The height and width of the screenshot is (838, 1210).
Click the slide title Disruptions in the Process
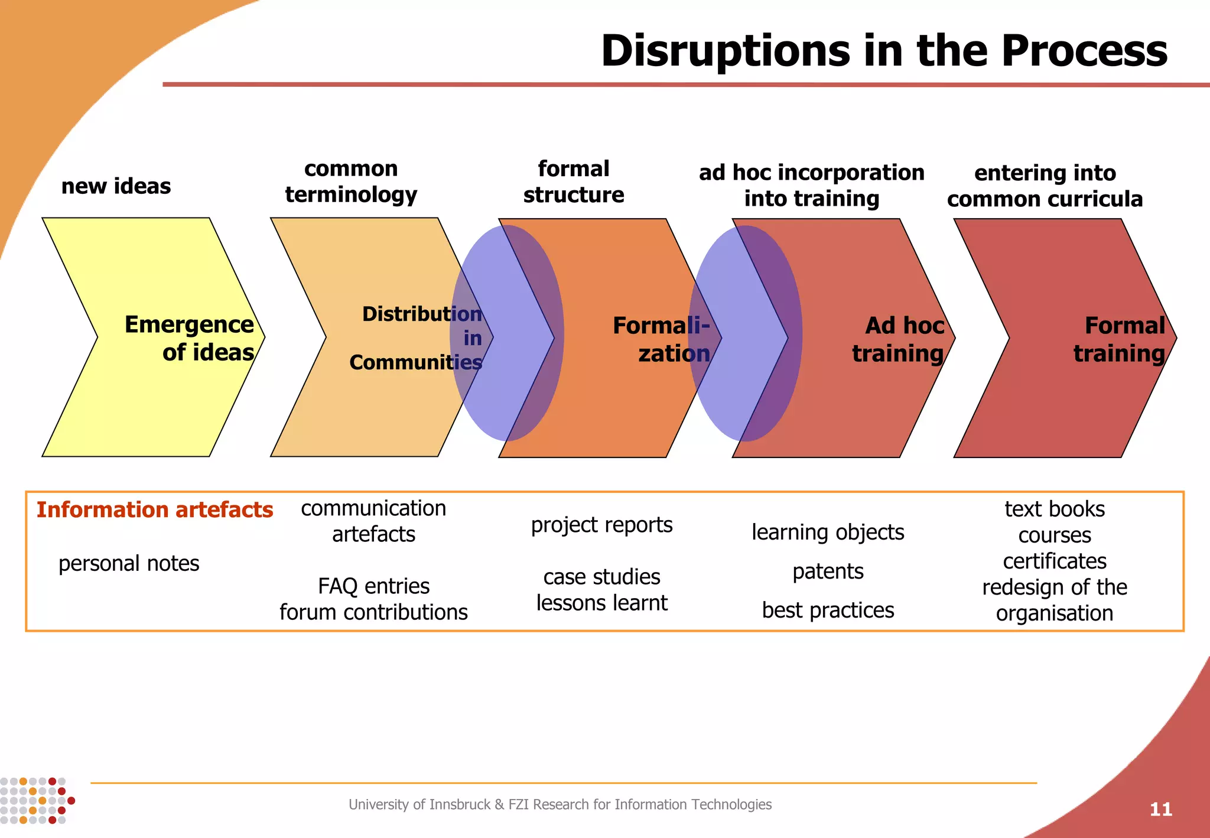pyautogui.click(x=883, y=51)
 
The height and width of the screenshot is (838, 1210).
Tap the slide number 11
pyautogui.click(x=1160, y=809)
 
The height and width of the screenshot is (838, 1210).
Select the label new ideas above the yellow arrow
pyautogui.click(x=116, y=186)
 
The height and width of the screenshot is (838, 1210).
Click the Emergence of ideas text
pyautogui.click(x=189, y=338)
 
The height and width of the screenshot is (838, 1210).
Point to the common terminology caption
pyautogui.click(x=351, y=181)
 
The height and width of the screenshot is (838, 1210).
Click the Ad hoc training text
pyautogui.click(x=898, y=339)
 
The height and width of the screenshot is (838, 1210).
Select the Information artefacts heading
pyautogui.click(x=155, y=509)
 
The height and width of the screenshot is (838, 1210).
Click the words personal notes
pyautogui.click(x=129, y=563)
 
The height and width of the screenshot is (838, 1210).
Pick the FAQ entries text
pyautogui.click(x=373, y=586)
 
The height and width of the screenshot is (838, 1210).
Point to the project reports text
pyautogui.click(x=601, y=525)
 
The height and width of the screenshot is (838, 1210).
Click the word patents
pyautogui.click(x=828, y=571)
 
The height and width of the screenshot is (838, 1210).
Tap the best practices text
pyautogui.click(x=828, y=610)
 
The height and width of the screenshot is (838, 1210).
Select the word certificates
pyautogui.click(x=1055, y=561)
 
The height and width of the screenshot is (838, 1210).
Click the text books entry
pyautogui.click(x=1055, y=509)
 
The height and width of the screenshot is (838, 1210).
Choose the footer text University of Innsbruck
pyautogui.click(x=560, y=804)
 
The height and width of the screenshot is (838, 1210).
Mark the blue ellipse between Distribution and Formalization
pyautogui.click(x=507, y=333)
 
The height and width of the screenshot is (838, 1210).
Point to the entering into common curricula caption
pyautogui.click(x=1045, y=186)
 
